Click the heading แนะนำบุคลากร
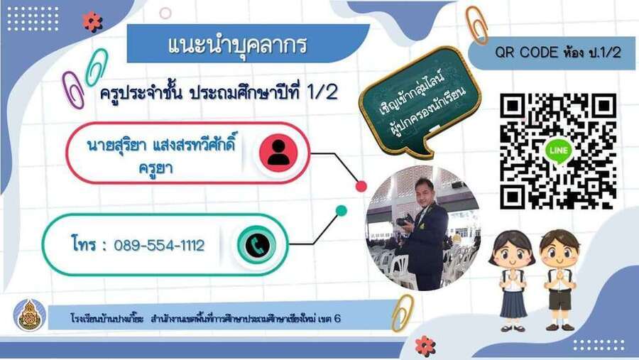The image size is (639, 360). (237, 45)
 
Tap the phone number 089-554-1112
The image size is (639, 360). (159, 246)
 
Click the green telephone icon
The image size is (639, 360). (257, 245)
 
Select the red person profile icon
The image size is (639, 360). (279, 153)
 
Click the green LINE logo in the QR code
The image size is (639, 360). (558, 151)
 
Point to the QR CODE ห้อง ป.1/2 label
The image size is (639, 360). (558, 53)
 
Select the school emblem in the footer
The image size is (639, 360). (29, 315)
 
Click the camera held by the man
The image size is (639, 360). (405, 221)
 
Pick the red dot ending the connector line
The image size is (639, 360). (361, 186)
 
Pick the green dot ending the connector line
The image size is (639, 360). (341, 211)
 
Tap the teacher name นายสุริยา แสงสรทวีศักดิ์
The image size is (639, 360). (162, 144)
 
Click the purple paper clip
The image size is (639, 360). (73, 89)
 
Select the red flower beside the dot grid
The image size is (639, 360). (92, 21)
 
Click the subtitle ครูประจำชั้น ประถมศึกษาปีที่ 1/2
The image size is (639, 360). (219, 93)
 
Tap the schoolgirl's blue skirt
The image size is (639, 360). (513, 303)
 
